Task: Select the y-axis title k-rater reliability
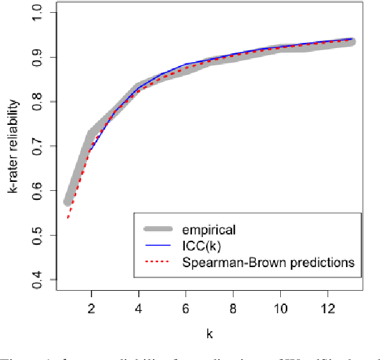click(13, 147)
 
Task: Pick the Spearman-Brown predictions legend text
click(267, 262)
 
